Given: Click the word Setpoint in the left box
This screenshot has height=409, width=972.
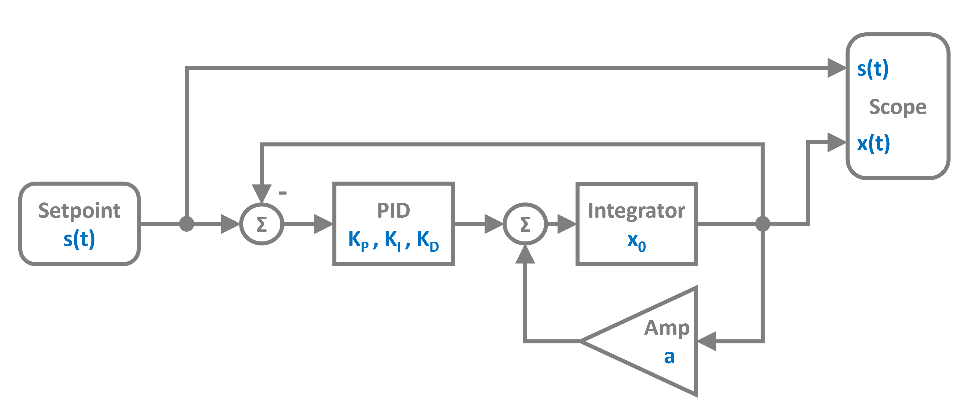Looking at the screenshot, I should [79, 211].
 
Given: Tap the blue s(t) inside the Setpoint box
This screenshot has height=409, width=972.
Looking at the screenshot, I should [79, 239].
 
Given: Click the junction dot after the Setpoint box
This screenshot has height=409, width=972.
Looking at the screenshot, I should [187, 224].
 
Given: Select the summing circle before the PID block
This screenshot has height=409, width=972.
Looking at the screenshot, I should [261, 224].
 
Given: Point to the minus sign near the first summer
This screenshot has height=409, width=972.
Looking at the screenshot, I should [283, 193].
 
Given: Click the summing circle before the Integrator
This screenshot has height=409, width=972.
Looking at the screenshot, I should [525, 224].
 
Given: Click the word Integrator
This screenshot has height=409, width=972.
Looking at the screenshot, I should [636, 211].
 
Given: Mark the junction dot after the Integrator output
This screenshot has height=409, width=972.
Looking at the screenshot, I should [763, 224].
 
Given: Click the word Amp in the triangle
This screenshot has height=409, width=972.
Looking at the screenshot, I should [667, 328].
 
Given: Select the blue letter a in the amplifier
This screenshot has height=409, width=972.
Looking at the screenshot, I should [669, 357].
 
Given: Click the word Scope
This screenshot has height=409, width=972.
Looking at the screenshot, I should [898, 107].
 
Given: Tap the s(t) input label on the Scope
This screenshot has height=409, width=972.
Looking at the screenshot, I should [873, 69].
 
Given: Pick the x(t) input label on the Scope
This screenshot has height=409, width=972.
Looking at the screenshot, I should [873, 144].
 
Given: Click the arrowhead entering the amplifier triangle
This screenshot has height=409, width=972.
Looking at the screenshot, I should [706, 341].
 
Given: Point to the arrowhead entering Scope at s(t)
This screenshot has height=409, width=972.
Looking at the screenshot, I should [836, 68].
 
